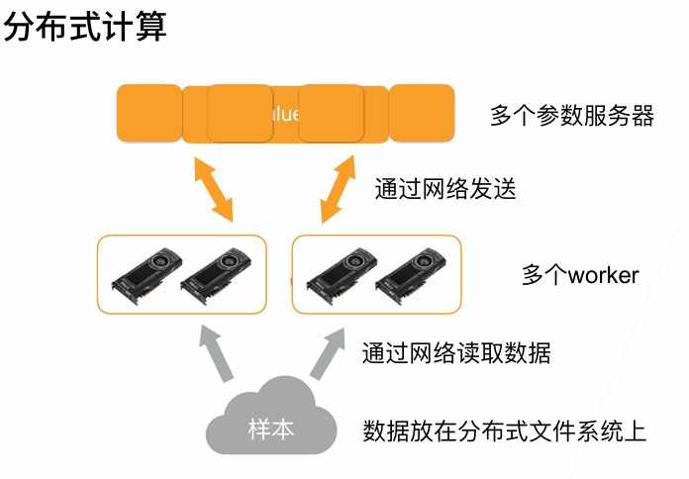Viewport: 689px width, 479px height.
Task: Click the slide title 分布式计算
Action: click(x=85, y=27)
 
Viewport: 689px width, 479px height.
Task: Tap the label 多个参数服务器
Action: click(x=572, y=116)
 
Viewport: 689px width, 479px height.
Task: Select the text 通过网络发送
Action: click(x=445, y=188)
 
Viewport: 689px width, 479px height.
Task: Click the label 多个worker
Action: click(x=580, y=274)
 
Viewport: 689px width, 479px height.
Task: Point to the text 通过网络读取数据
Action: click(x=455, y=351)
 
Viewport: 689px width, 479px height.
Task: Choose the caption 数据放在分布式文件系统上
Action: click(x=505, y=431)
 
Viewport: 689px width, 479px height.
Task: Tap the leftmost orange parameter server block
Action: click(x=148, y=113)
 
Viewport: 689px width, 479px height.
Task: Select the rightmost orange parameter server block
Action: click(x=422, y=113)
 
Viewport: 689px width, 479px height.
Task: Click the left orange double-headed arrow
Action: click(x=213, y=189)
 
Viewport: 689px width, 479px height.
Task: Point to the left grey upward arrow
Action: click(x=216, y=352)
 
